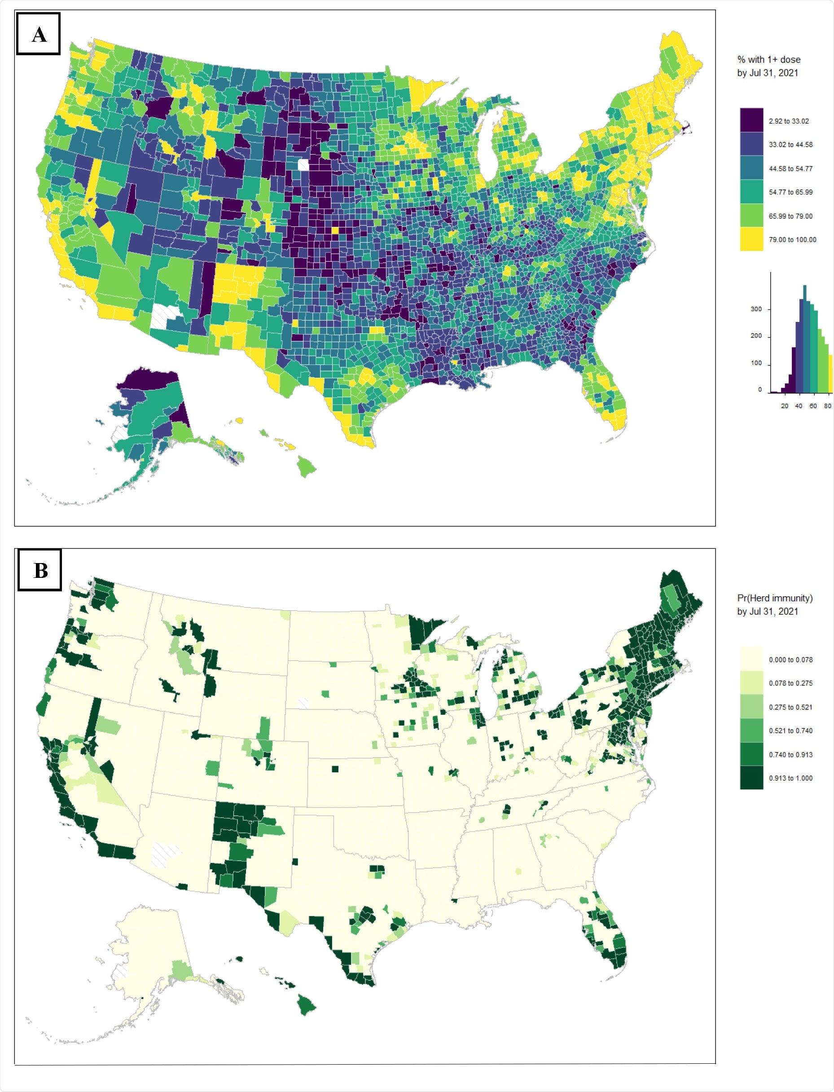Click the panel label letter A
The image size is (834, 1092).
click(39, 35)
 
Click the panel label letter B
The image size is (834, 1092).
click(40, 571)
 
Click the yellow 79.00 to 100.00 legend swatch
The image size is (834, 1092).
click(751, 239)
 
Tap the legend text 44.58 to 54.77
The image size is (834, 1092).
click(790, 169)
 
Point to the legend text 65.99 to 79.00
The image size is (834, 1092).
click(790, 216)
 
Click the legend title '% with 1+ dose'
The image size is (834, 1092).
click(768, 60)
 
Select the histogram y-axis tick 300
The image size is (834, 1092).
click(755, 309)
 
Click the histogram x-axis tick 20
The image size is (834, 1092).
click(784, 406)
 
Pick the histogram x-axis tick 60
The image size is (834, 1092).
click(812, 406)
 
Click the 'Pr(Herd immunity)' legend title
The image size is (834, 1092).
click(774, 598)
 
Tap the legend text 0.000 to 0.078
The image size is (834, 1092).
click(790, 660)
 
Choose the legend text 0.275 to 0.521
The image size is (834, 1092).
click(790, 707)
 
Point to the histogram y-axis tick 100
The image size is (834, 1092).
click(755, 363)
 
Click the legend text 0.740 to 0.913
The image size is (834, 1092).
click(790, 755)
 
